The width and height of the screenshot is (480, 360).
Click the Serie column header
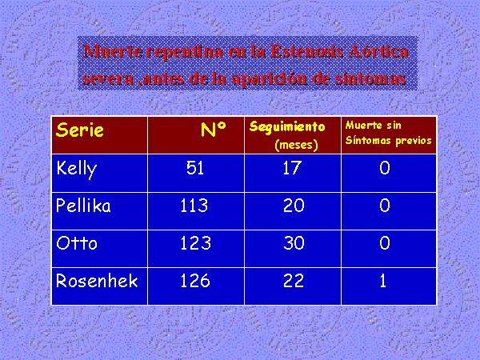(x=80, y=130)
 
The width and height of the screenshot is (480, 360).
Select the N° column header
(x=214, y=130)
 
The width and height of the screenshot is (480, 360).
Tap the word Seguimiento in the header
(x=287, y=126)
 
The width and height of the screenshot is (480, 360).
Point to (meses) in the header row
(x=296, y=145)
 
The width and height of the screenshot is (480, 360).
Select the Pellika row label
(x=83, y=205)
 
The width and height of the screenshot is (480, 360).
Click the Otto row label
(x=77, y=243)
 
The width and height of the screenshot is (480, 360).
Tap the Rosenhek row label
(x=97, y=281)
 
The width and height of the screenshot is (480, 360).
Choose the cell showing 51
(x=195, y=168)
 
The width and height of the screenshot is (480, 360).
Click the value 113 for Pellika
(x=194, y=205)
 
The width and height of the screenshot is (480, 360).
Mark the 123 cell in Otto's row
(x=196, y=243)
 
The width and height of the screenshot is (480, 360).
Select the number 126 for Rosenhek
(x=195, y=281)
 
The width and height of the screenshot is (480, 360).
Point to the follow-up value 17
(x=292, y=168)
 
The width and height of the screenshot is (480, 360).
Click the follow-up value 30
(x=294, y=243)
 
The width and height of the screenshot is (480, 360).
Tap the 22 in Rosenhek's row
(x=294, y=281)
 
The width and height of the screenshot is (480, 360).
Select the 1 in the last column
(x=383, y=281)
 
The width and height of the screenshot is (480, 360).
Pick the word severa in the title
(x=108, y=79)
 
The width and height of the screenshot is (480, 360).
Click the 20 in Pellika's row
(x=294, y=205)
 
